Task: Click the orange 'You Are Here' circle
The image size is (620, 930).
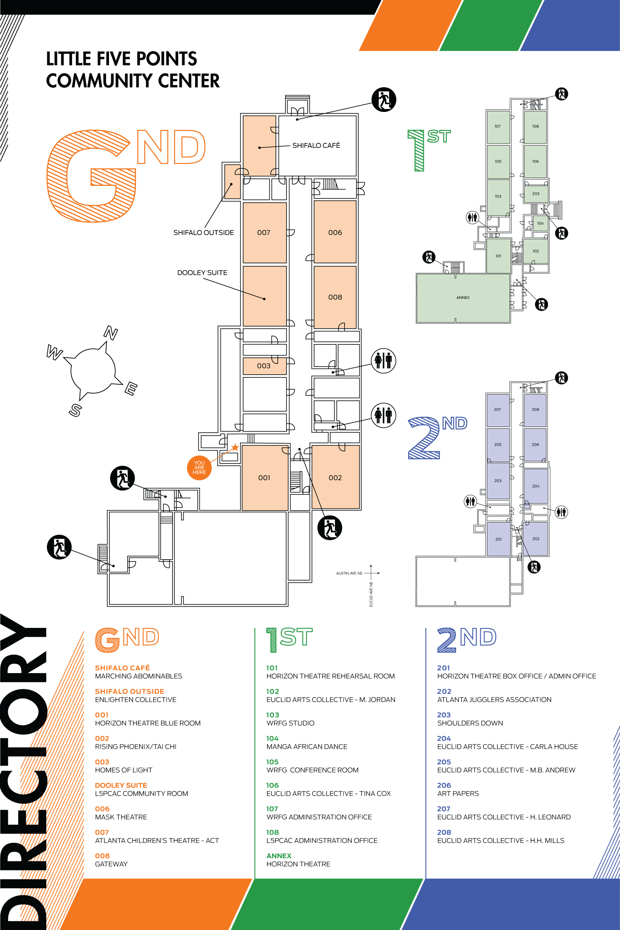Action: pyautogui.click(x=199, y=468)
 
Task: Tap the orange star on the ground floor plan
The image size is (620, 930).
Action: pyautogui.click(x=235, y=447)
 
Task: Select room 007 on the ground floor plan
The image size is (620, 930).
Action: pyautogui.click(x=265, y=232)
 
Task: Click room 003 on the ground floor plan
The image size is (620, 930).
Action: pyautogui.click(x=265, y=366)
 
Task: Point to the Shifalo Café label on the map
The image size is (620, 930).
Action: pyautogui.click(x=316, y=146)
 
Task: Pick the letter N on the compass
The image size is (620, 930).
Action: pyautogui.click(x=111, y=333)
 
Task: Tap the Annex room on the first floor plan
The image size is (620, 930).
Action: pyautogui.click(x=463, y=297)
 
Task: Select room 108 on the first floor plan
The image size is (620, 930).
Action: pyautogui.click(x=535, y=127)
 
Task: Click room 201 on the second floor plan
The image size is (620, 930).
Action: pyautogui.click(x=498, y=539)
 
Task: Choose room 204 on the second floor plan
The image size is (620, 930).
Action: pyautogui.click(x=536, y=486)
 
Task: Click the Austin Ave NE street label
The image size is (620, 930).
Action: pyautogui.click(x=349, y=573)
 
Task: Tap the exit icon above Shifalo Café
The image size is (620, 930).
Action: pyautogui.click(x=384, y=100)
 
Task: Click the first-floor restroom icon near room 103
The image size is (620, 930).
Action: pyautogui.click(x=473, y=217)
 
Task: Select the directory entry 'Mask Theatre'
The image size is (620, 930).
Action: pyautogui.click(x=121, y=817)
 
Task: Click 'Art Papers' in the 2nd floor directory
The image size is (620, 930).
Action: pyautogui.click(x=458, y=794)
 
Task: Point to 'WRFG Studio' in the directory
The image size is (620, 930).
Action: pyautogui.click(x=290, y=723)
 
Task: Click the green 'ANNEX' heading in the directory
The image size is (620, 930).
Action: pyautogui.click(x=279, y=856)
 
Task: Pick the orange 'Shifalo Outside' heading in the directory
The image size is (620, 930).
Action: pyautogui.click(x=130, y=691)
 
